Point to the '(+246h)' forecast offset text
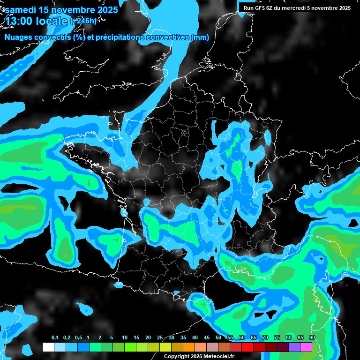(83, 21)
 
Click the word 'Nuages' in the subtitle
(18, 37)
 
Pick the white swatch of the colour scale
(48, 347)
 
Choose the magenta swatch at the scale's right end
(306, 347)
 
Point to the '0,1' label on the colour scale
(55, 338)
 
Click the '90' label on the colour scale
(312, 338)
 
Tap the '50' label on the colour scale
(218, 338)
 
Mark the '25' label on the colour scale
(160, 338)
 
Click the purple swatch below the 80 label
(294, 347)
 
